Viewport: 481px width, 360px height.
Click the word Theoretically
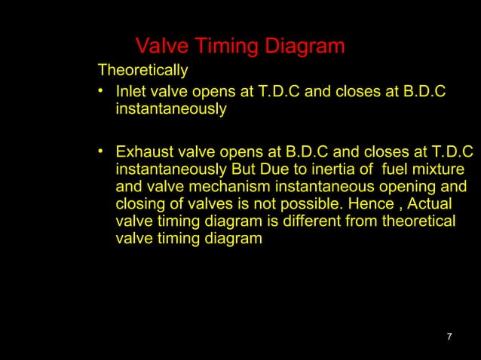pos(142,72)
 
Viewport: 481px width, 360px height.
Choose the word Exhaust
pos(143,151)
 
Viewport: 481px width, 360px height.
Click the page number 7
pos(449,336)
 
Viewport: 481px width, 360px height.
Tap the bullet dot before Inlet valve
pos(101,92)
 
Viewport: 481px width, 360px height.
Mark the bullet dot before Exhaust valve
pos(101,151)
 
